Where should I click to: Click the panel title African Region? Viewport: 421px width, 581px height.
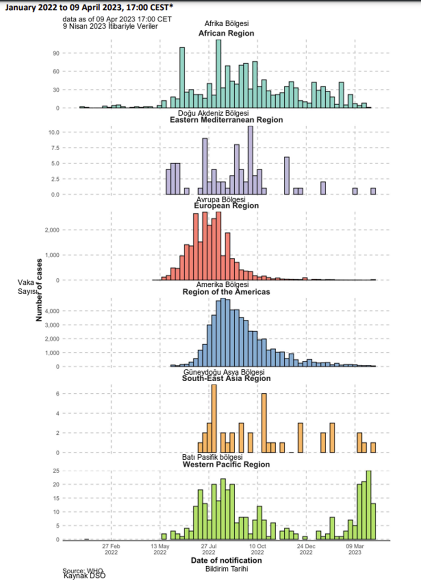point(226,33)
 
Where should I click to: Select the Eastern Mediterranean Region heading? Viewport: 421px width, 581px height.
point(226,120)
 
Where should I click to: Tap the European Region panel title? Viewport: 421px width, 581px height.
point(226,206)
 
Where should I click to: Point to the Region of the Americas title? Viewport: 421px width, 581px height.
point(226,292)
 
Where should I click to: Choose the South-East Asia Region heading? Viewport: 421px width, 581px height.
point(226,379)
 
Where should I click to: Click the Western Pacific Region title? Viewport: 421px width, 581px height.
point(226,465)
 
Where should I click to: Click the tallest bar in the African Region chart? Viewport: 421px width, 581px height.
point(218,74)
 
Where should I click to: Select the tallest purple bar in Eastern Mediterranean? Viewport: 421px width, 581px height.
point(250,161)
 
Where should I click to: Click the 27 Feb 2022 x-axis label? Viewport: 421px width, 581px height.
point(111,549)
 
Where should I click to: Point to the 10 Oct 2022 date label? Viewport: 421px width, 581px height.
point(258,549)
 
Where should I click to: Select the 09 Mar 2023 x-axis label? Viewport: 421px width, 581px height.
point(355,549)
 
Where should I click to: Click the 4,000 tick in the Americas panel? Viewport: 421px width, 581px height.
point(53,311)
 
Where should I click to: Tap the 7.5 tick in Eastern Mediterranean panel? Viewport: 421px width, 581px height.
point(54,148)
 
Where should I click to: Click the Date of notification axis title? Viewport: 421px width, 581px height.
point(226,560)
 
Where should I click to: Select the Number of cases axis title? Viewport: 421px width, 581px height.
point(39,290)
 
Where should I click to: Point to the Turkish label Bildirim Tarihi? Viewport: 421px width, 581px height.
point(226,569)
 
